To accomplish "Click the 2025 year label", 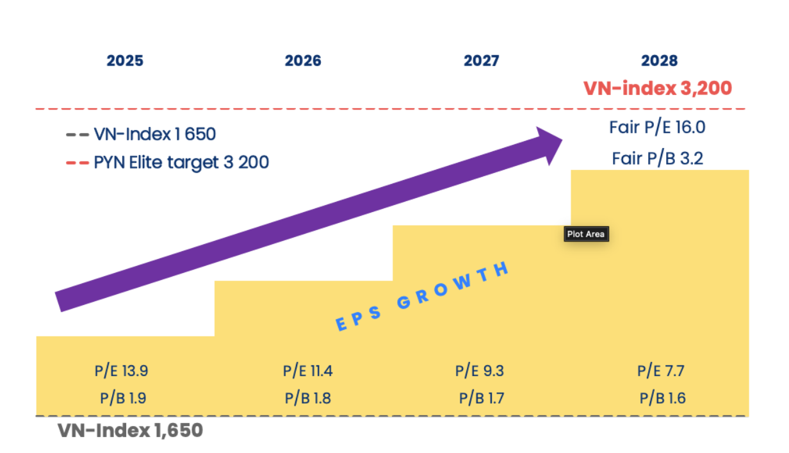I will pos(125,61).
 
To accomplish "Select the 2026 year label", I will pos(303,61).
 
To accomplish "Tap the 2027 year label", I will pos(481,61).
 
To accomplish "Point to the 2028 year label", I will pos(659,61).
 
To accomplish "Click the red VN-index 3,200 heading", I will pos(657,88).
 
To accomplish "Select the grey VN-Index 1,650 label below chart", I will pos(130,431).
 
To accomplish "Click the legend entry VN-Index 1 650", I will pos(154,135).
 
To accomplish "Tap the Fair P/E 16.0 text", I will pos(657,128).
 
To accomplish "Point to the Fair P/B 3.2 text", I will pos(657,158).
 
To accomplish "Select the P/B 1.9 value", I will pos(123,398).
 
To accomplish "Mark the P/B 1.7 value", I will pos(482,398).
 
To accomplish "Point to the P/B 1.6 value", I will pos(662,398).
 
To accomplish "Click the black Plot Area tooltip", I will pos(585,234).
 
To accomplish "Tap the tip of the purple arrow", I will pos(561,141).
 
